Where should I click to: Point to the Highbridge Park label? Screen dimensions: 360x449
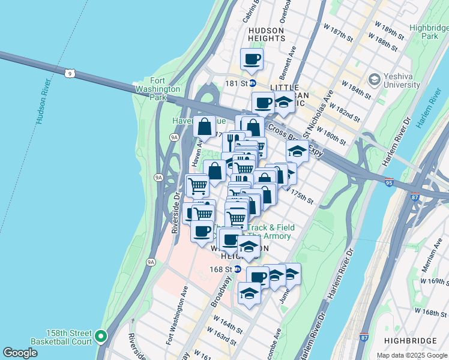click(x=429, y=32)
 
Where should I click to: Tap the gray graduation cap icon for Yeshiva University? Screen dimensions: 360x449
click(x=375, y=79)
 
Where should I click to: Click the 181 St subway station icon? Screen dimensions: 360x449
click(x=253, y=83)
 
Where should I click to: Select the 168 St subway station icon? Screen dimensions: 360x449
click(x=237, y=269)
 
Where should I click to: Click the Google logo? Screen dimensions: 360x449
click(x=20, y=353)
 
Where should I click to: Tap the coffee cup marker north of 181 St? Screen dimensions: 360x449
click(x=252, y=59)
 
